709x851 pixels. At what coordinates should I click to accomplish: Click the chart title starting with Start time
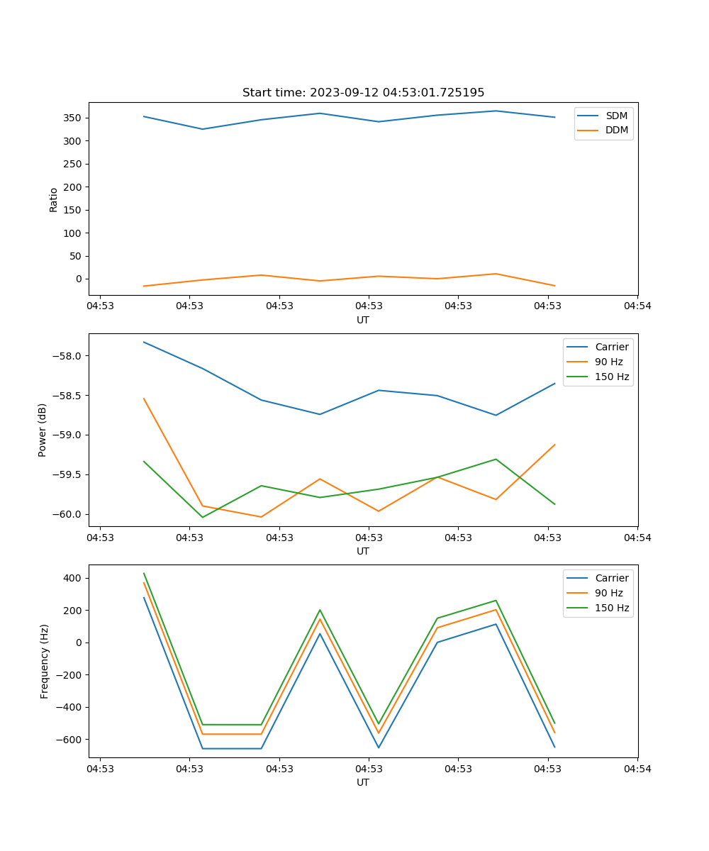pos(363,93)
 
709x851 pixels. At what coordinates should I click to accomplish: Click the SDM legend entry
pos(616,116)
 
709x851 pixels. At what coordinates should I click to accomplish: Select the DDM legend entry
pos(616,130)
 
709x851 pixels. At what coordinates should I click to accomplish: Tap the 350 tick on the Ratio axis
pos(72,118)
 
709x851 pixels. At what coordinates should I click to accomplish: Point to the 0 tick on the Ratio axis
pos(78,279)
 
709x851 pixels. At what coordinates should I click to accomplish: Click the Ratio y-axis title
pos(54,199)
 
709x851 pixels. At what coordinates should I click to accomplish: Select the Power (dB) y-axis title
pos(43,430)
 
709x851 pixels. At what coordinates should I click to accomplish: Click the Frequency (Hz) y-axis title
pos(44,661)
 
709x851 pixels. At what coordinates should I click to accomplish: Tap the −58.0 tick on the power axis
pos(68,356)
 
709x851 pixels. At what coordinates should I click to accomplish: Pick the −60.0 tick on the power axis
pos(68,514)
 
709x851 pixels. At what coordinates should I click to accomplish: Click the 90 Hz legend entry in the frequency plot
pos(608,593)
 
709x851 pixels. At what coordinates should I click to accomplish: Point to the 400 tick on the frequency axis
pos(72,578)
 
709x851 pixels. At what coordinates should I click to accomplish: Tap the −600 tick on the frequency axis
pos(69,739)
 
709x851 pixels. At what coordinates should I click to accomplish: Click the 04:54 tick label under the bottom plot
pos(637,768)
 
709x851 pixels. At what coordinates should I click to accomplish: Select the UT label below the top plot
pos(363,320)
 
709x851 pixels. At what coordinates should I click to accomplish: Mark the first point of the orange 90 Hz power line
pos(144,399)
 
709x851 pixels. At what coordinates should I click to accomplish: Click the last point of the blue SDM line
pos(554,117)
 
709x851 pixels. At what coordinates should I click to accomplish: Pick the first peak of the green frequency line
pos(144,573)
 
